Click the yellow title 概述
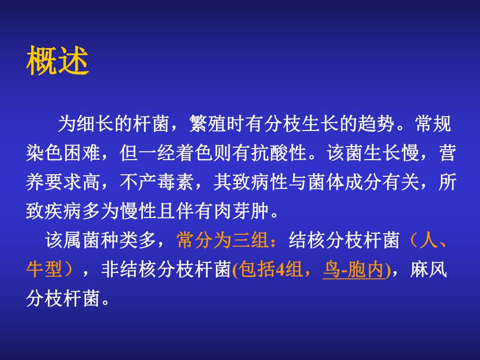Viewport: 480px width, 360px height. (57, 63)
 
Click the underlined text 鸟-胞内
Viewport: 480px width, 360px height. (353, 269)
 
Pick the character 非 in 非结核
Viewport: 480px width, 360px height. (105, 269)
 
